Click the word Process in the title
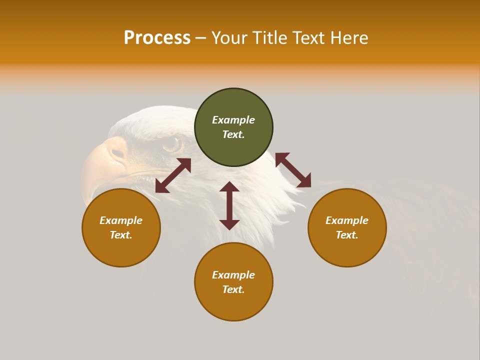click(157, 38)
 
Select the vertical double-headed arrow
click(229, 205)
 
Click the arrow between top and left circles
click(173, 175)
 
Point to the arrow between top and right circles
click(293, 170)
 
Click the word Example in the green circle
click(233, 120)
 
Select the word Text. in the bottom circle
click(233, 289)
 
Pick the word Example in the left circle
click(121, 220)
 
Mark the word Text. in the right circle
click(347, 235)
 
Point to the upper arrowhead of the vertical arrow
click(229, 187)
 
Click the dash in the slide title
click(200, 38)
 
